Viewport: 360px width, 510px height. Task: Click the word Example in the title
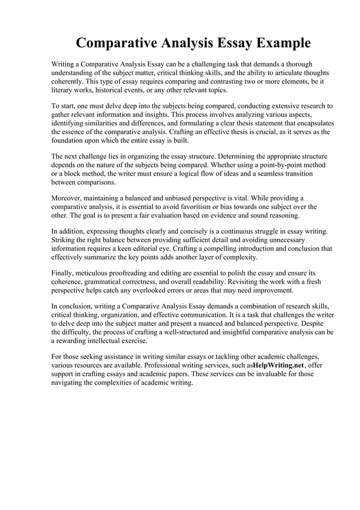(x=282, y=43)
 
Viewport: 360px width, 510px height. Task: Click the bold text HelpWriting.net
(x=278, y=365)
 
